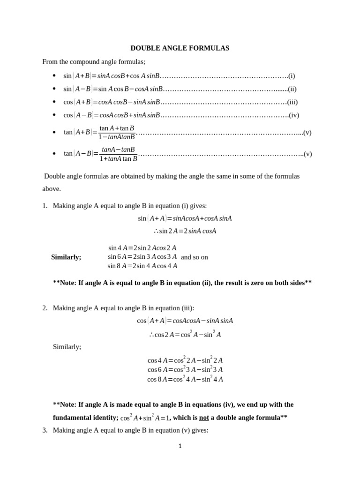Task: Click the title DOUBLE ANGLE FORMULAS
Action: click(180, 48)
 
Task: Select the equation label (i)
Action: click(292, 75)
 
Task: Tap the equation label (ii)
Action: click(292, 89)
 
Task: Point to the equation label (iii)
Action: click(292, 102)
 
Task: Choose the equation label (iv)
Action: click(293, 115)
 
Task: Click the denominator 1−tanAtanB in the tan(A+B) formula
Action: click(117, 137)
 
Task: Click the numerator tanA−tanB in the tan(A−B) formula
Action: click(118, 150)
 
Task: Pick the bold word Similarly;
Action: click(66, 257)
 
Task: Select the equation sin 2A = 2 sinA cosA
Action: click(185, 231)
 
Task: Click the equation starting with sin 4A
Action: click(142, 248)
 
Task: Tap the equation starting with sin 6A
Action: click(142, 257)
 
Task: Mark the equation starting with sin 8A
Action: click(142, 266)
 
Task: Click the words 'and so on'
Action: click(194, 257)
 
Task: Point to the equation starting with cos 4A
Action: click(185, 360)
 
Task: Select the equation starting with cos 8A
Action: click(185, 379)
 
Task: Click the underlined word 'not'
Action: click(204, 418)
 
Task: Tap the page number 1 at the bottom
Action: click(180, 446)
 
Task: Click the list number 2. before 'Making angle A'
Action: click(45, 308)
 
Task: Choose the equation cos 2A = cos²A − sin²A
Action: click(185, 334)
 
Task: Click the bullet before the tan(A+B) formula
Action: click(54, 133)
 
